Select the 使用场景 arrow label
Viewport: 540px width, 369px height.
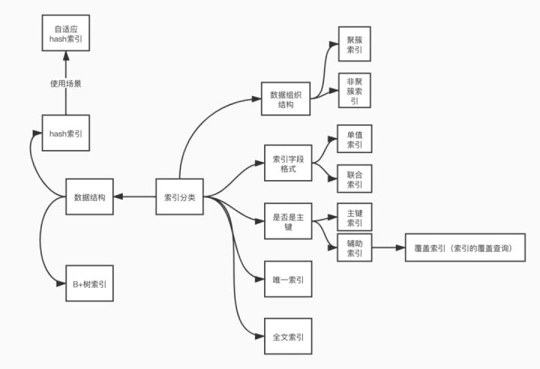click(66, 84)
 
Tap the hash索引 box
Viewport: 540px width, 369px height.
click(66, 133)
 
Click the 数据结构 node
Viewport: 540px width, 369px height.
click(89, 198)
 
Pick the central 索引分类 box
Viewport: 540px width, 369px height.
click(179, 198)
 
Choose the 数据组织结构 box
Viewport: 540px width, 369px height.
click(286, 100)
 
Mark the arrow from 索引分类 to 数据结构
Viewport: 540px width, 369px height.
click(135, 198)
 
